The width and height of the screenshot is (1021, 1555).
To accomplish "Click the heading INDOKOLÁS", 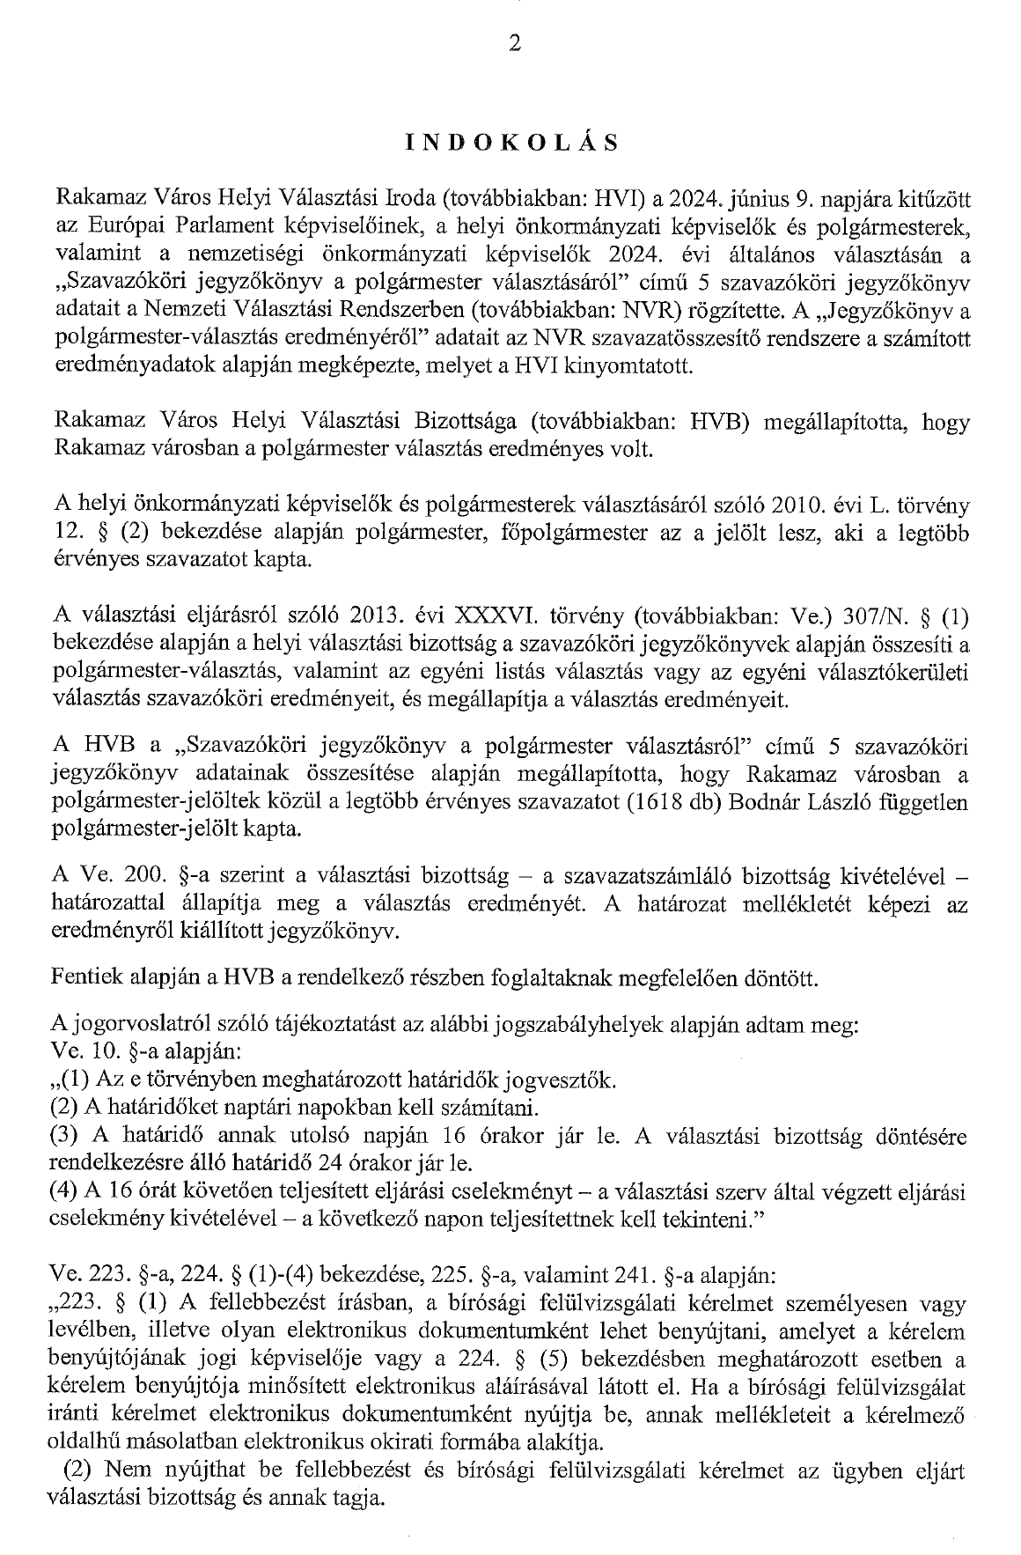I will click(511, 144).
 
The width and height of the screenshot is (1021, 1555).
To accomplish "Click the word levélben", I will click(92, 1330).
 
